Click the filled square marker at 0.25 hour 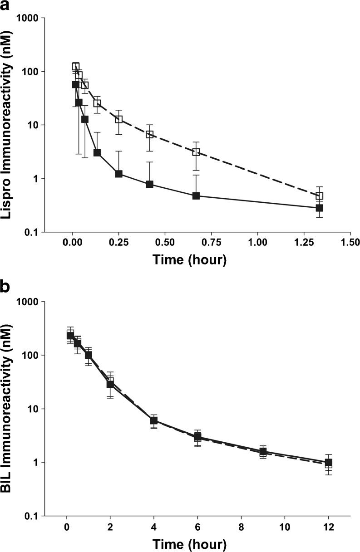tap(119, 174)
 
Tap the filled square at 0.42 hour tap(149, 184)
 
